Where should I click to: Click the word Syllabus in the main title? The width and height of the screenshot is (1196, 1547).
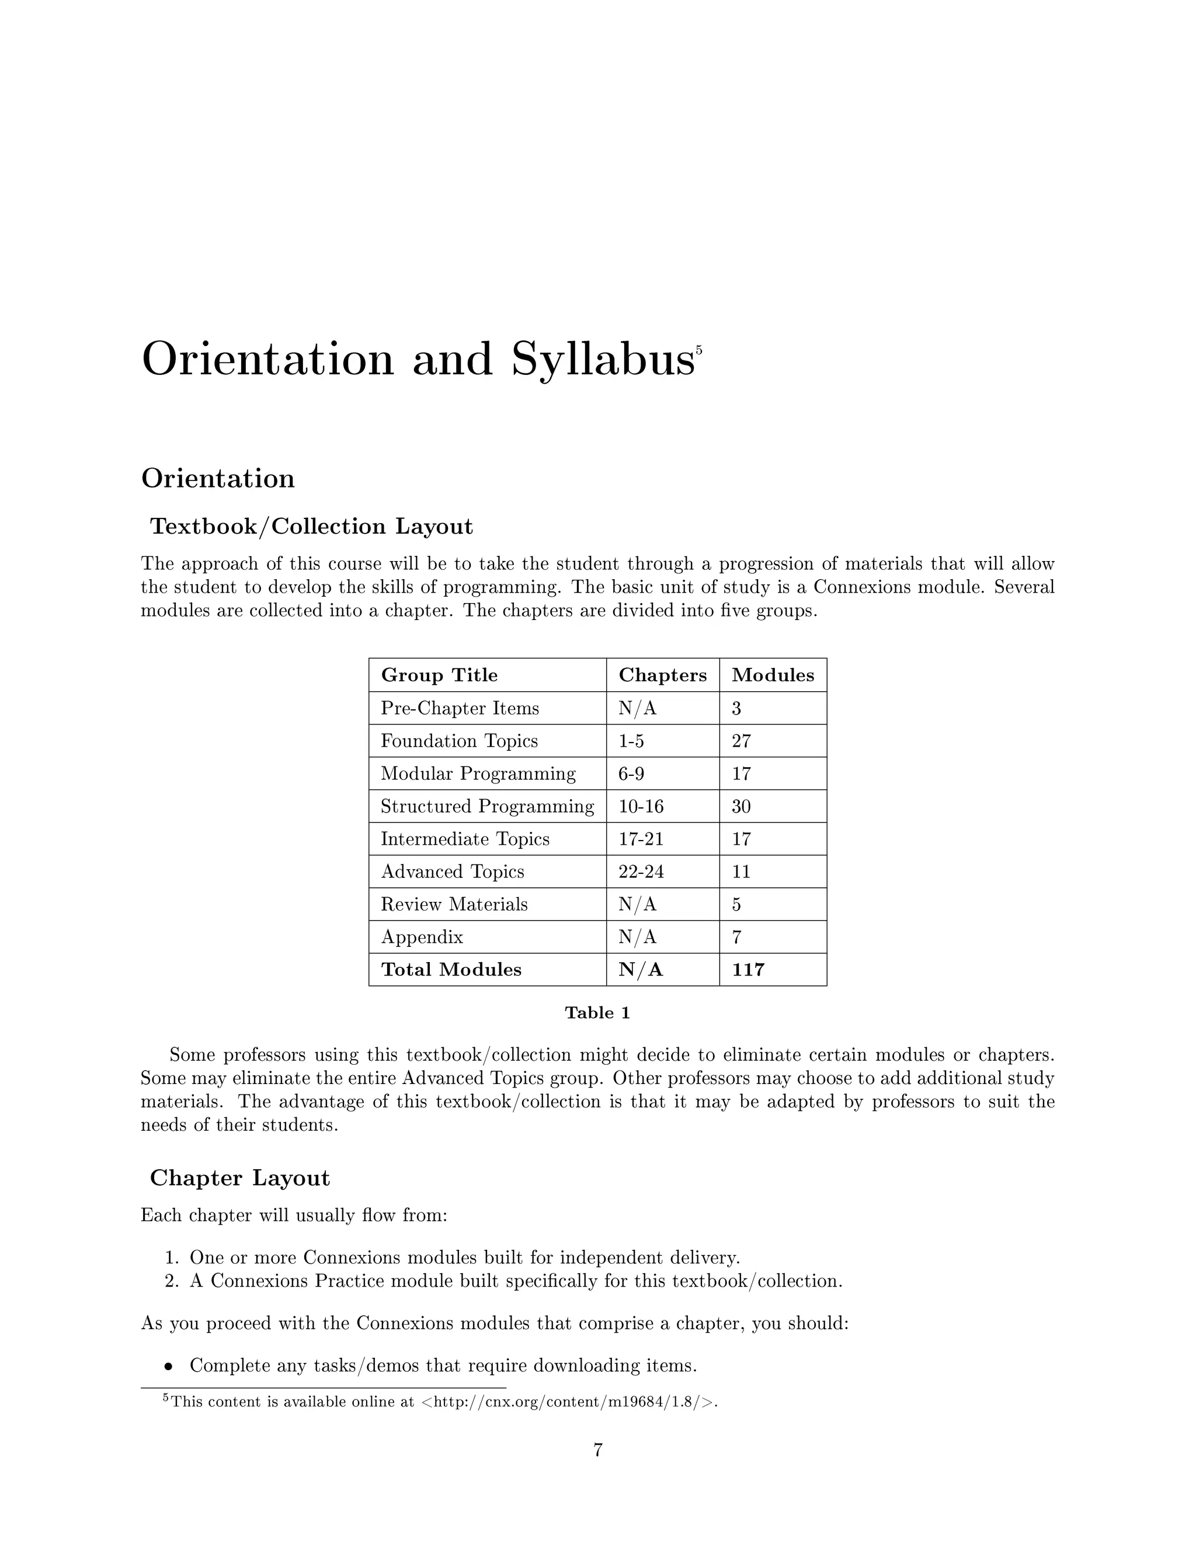tap(602, 360)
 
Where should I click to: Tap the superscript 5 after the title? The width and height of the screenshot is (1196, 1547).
tap(698, 349)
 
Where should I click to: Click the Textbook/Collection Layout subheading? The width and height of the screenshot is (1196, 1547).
tap(311, 527)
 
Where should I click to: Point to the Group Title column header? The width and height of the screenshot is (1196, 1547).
tap(439, 675)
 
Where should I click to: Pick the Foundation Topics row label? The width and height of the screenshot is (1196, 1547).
tap(459, 741)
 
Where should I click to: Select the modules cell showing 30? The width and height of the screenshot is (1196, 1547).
tap(741, 806)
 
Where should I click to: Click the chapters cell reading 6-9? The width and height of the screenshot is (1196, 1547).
tap(631, 773)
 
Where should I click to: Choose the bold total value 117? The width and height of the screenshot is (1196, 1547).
tap(748, 970)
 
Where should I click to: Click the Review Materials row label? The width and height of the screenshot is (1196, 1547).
tap(454, 904)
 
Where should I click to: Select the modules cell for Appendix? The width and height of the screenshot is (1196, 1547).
tap(737, 937)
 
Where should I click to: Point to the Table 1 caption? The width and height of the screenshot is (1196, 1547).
tap(597, 1013)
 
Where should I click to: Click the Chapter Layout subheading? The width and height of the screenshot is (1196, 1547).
tap(239, 1178)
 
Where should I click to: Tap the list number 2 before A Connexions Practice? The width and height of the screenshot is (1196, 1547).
tap(170, 1281)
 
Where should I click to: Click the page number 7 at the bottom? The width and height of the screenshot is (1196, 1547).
tap(597, 1450)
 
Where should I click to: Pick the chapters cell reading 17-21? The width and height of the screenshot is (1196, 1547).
tap(641, 839)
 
